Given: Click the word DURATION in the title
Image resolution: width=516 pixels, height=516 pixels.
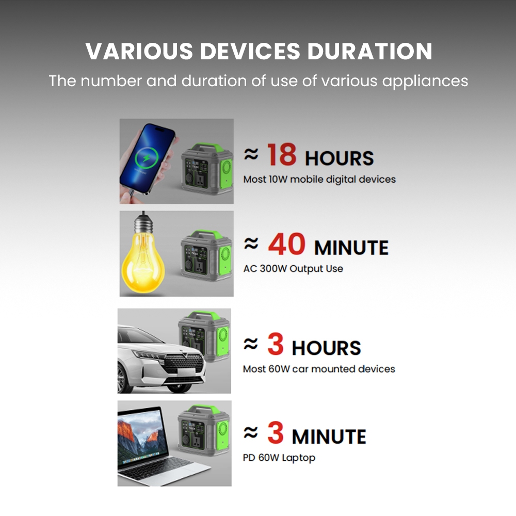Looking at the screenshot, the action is (369, 51).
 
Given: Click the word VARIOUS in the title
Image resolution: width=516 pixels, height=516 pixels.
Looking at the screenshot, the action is (139, 51).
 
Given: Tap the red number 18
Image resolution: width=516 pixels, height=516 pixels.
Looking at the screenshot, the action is (282, 155).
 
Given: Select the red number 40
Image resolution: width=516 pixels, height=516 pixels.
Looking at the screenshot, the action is (286, 244).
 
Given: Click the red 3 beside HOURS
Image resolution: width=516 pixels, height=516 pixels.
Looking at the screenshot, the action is (276, 344).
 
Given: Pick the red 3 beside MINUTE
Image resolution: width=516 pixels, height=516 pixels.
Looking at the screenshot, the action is (276, 433).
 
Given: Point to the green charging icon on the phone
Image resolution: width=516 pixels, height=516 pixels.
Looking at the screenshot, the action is (147, 158).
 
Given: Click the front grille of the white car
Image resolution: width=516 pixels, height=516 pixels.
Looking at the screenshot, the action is (183, 364).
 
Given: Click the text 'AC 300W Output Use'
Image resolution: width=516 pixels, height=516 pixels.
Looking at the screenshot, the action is (293, 269).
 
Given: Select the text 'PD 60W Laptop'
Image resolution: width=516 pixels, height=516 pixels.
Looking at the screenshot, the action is (279, 458).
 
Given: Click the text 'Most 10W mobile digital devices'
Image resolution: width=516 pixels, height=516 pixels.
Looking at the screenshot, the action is (319, 180).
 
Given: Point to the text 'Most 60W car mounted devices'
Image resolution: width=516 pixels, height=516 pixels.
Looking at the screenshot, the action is (319, 369).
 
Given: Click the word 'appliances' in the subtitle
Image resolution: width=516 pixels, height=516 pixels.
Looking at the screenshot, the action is (425, 82).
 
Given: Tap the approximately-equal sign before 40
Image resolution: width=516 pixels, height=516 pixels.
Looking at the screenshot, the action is (251, 244).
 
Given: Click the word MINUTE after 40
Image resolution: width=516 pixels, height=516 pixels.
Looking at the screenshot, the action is (351, 248).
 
